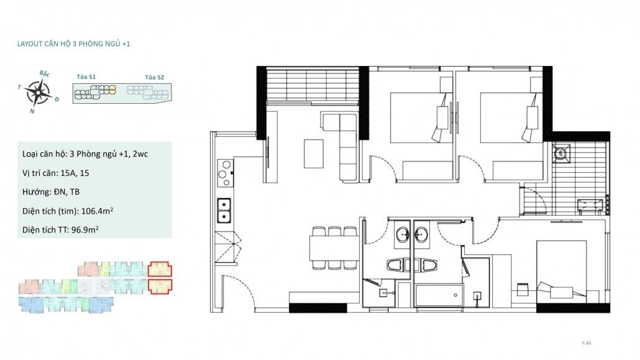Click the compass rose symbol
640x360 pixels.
click(x=38, y=93)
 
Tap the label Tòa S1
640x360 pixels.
click(x=86, y=77)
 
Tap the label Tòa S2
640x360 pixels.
click(x=154, y=77)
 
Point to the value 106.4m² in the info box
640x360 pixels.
click(x=97, y=211)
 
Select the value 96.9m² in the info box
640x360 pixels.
click(x=85, y=229)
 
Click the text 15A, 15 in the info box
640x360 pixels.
click(x=75, y=173)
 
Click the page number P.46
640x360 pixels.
click(x=586, y=343)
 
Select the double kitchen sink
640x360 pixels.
click(x=224, y=211)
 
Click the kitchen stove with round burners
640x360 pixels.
click(x=225, y=173)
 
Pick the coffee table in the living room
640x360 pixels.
click(x=313, y=154)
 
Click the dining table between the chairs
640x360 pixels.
click(x=334, y=249)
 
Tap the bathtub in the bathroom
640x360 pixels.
click(x=439, y=295)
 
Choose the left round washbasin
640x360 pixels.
click(x=403, y=235)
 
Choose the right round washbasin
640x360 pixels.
click(x=421, y=235)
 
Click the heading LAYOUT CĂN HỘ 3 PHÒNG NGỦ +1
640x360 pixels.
click(x=73, y=44)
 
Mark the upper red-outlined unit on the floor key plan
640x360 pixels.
click(x=160, y=269)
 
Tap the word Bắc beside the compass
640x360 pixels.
click(x=45, y=73)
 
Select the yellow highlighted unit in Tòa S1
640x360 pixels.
click(x=112, y=90)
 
